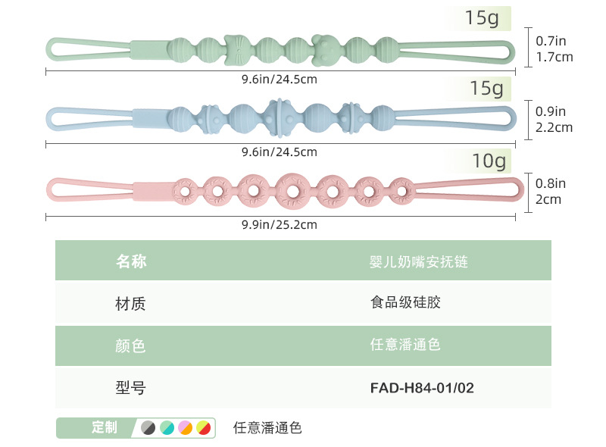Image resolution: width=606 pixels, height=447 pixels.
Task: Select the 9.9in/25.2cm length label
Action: [x=280, y=224]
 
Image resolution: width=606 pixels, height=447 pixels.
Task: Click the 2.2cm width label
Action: [x=554, y=127]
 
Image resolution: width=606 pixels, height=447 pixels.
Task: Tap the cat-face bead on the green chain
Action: [x=236, y=50]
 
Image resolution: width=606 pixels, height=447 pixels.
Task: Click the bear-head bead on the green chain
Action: [x=326, y=49]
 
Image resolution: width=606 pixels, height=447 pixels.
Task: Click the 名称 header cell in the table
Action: [x=130, y=261]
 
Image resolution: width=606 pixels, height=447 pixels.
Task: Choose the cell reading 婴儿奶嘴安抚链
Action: [x=419, y=261]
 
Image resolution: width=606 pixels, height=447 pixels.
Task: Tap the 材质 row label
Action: [x=130, y=304]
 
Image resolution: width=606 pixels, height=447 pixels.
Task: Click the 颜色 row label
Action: [x=130, y=346]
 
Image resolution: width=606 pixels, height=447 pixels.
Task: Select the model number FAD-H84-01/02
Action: [x=422, y=388]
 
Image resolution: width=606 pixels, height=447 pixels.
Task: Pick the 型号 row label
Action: [x=130, y=388]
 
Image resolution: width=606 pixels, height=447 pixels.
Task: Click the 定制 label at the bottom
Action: [x=105, y=427]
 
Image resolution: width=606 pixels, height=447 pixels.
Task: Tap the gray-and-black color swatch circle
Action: [x=148, y=428]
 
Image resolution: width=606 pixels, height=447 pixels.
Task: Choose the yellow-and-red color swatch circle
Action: [x=203, y=428]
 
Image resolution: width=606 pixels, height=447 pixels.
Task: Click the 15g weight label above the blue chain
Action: [x=486, y=89]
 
